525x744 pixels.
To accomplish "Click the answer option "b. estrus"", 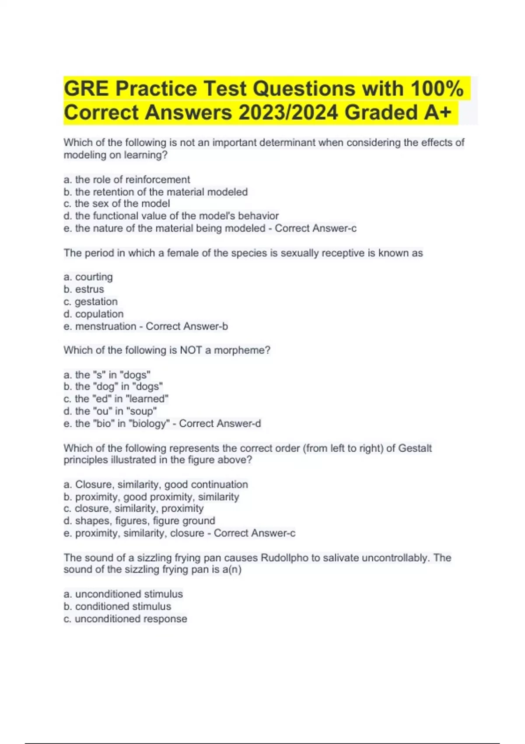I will [84, 289].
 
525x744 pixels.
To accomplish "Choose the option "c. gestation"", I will [91, 302].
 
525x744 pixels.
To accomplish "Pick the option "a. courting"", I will [88, 277].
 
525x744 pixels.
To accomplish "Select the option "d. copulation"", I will [94, 314].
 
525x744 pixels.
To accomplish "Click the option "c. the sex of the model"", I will [117, 204].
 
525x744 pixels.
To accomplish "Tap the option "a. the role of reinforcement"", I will [127, 179].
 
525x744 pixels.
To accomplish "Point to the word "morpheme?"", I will [242, 350].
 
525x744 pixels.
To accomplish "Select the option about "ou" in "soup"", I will [110, 411].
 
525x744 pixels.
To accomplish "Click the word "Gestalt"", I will [415, 448].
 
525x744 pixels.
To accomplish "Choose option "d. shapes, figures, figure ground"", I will [139, 521].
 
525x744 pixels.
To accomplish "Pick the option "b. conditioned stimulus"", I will [117, 607].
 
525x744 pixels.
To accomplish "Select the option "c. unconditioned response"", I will [125, 619].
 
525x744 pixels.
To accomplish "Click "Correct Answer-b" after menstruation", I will [187, 326].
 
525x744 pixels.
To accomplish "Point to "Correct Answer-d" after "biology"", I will [220, 424].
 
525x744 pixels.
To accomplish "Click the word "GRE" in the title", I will [86, 89].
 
